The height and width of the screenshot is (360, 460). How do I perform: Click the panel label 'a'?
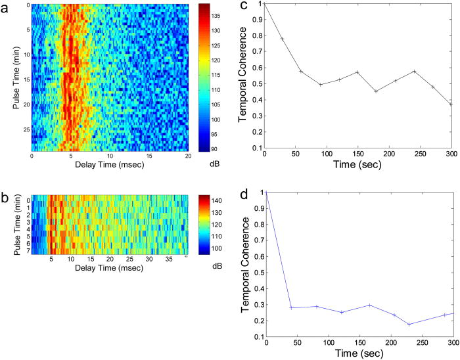6,8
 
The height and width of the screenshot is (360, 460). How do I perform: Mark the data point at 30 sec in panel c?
283,39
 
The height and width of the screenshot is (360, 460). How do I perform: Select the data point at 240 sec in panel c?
415,71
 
